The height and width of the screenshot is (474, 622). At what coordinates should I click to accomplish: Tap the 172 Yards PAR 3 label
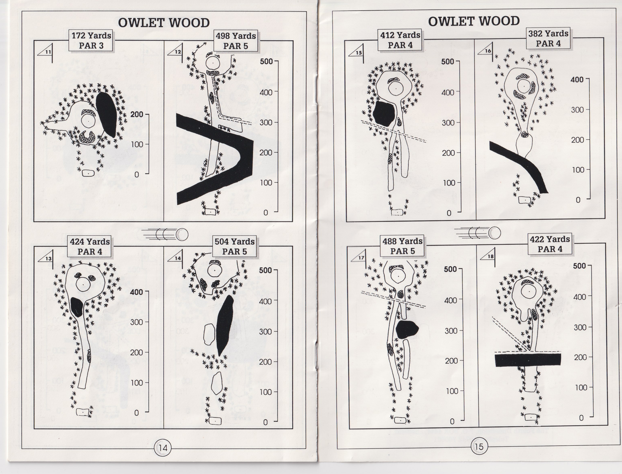click(91, 41)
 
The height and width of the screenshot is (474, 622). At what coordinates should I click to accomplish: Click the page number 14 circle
click(163, 448)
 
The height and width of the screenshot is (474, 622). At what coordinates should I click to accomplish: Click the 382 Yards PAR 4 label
click(548, 39)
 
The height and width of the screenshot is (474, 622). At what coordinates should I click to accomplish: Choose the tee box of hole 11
click(88, 173)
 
